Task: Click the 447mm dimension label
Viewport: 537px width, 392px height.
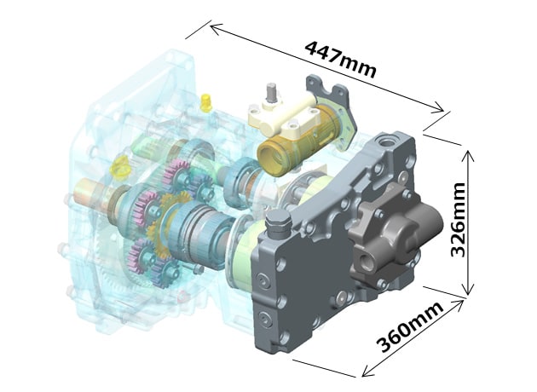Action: click(339, 58)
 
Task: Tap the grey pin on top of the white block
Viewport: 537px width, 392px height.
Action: click(272, 93)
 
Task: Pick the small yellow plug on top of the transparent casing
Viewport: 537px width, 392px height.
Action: click(205, 103)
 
